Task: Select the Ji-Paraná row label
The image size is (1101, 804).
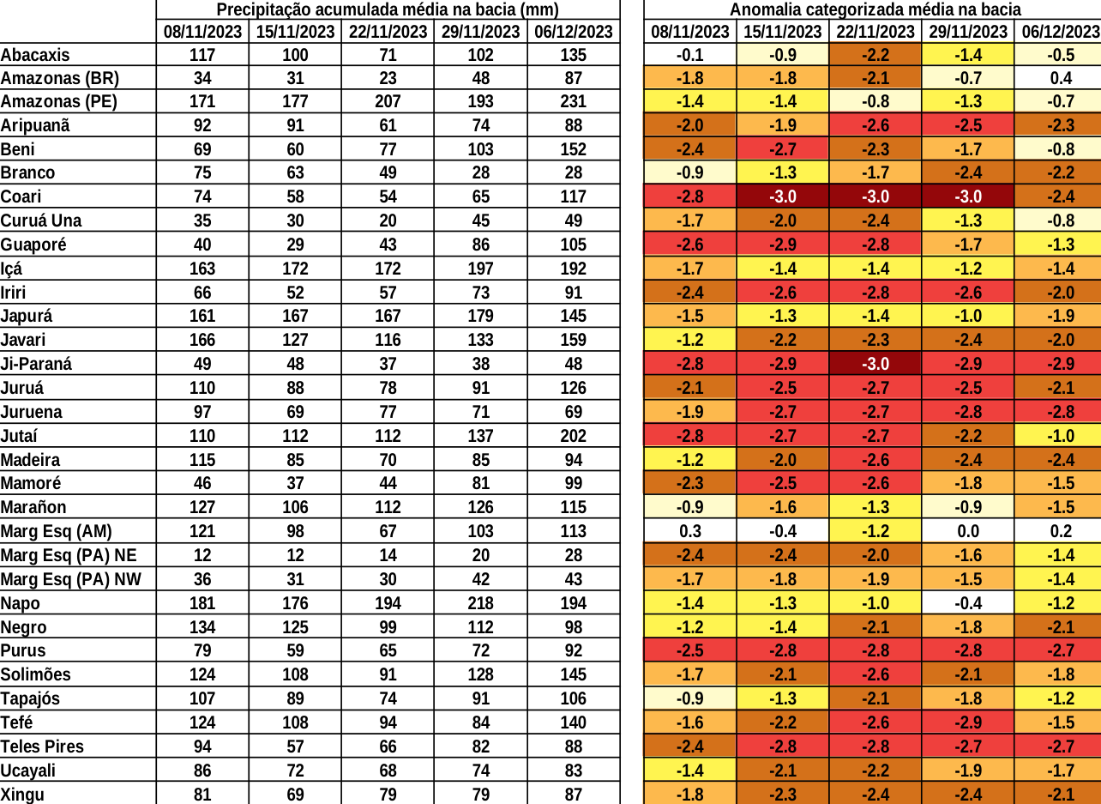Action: (36, 364)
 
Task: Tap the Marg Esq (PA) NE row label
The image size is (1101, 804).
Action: (69, 555)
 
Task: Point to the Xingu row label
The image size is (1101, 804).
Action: (22, 795)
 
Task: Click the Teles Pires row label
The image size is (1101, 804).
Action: (42, 747)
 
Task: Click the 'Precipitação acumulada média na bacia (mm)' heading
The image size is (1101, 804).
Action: (388, 10)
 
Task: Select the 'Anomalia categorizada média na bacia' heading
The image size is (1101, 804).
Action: (875, 10)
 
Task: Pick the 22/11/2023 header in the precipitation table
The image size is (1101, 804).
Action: (388, 32)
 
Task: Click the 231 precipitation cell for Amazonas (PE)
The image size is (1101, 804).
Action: (574, 101)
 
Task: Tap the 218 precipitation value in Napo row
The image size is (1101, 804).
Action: (480, 603)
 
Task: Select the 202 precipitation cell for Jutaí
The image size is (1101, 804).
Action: (574, 436)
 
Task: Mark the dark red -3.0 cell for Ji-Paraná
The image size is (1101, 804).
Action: (875, 364)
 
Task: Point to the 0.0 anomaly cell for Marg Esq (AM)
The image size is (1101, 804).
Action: (967, 531)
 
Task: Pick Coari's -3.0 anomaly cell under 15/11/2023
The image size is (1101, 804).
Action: (782, 196)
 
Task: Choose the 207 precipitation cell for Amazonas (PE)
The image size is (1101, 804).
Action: (388, 101)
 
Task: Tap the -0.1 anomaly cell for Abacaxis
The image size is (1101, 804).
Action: (689, 55)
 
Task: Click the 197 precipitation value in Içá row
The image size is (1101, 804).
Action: (480, 269)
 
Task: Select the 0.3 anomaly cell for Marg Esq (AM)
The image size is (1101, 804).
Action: (689, 531)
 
